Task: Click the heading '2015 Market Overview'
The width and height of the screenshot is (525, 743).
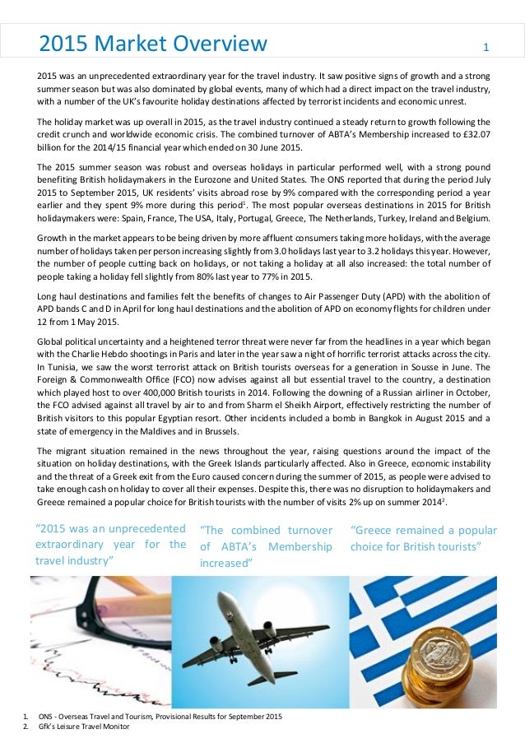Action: (153, 43)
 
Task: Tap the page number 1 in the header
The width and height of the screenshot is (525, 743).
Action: (486, 46)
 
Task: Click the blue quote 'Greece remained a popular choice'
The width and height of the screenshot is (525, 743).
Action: (423, 538)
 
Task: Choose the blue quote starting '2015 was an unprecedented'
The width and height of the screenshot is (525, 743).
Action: (111, 544)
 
